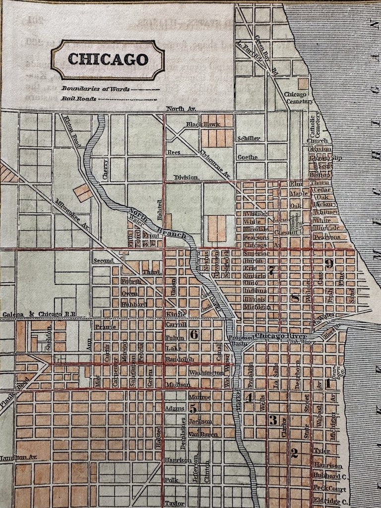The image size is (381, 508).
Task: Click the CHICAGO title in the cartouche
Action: pos(108,60)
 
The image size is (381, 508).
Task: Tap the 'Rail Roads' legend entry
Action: pos(79,99)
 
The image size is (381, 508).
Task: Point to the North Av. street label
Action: pos(182,109)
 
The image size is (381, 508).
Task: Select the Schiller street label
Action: pos(249,138)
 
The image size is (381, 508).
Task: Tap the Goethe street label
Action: pos(247,157)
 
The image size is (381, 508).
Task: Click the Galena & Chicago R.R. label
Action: pos(34,314)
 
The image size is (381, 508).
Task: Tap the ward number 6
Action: pos(194,334)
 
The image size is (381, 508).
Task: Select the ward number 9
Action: pos(329,264)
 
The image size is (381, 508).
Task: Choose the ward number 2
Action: pos(294,452)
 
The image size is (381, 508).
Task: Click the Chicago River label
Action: pos(274,336)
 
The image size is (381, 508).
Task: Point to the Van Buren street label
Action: pos(200,434)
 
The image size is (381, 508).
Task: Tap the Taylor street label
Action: pos(174,503)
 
